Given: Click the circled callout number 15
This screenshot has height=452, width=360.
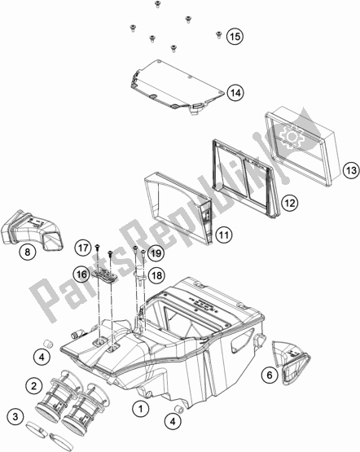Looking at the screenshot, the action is (235, 37).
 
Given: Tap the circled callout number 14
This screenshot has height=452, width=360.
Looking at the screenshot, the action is (235, 93).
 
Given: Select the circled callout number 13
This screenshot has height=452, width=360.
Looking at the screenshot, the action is (351, 170).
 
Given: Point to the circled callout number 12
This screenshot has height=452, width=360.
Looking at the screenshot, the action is (289, 203).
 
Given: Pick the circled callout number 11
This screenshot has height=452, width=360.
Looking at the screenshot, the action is (224, 235).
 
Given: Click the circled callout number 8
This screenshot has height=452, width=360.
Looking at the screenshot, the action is (28, 252).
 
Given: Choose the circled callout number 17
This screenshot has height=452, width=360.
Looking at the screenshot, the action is (83, 248).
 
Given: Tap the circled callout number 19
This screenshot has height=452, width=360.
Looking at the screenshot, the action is (156, 253).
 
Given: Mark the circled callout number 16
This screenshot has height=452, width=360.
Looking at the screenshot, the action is (81, 274).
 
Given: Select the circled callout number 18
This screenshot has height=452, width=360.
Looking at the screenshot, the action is (156, 275).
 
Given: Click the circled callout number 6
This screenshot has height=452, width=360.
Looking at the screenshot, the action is (270, 375).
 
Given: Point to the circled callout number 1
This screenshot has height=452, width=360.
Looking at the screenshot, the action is (141, 409).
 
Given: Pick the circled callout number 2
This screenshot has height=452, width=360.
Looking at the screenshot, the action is (34, 386).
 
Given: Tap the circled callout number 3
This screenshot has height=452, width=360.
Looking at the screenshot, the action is (15, 416).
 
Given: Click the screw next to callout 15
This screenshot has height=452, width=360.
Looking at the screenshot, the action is (218, 35).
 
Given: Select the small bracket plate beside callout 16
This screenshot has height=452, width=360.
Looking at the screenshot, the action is (104, 276).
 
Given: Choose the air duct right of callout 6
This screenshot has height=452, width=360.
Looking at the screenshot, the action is (291, 362).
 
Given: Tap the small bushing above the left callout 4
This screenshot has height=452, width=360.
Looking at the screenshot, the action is (48, 344).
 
